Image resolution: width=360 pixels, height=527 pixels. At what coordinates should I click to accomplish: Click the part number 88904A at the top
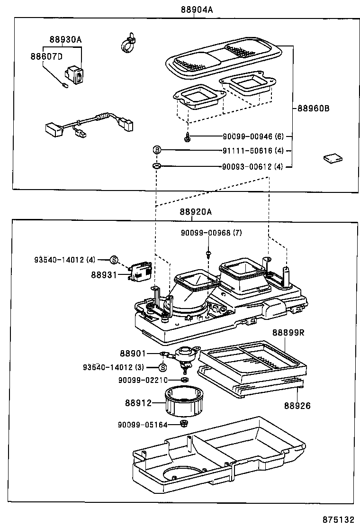click(196, 10)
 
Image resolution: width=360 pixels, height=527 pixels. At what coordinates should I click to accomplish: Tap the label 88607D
click(46, 57)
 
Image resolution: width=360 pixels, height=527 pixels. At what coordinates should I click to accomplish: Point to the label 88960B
click(313, 108)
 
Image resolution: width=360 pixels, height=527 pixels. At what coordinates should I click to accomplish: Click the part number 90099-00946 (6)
click(253, 137)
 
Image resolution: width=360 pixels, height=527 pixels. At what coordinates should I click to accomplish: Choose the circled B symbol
click(157, 150)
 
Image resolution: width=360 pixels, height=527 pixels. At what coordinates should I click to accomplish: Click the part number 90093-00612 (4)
click(253, 166)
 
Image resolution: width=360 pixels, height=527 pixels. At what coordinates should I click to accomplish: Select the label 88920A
click(196, 212)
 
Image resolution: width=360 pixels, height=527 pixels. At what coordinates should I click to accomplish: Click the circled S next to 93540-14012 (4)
click(114, 259)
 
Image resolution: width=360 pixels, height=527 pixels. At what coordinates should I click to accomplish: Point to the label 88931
click(104, 274)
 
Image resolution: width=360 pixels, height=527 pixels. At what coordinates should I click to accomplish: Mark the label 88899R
click(288, 333)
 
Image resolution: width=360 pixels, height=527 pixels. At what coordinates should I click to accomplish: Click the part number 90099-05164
click(143, 425)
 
